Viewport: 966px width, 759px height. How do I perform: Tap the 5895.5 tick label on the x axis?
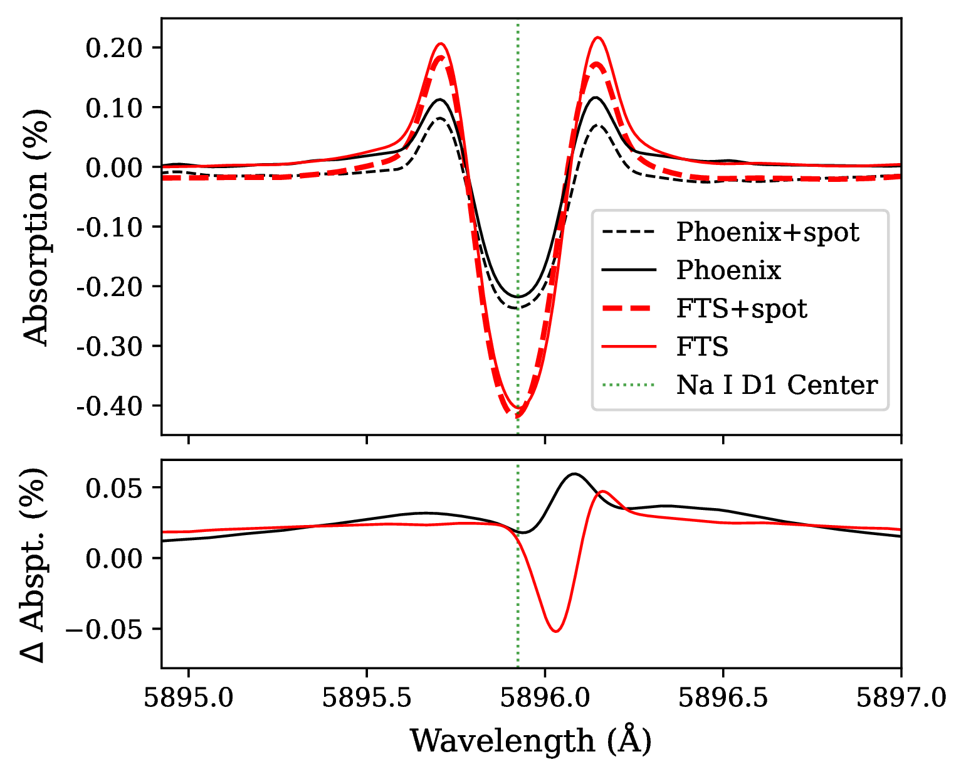click(367, 697)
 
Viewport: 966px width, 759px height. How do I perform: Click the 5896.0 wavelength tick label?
click(545, 697)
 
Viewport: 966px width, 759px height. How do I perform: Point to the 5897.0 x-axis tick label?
click(900, 697)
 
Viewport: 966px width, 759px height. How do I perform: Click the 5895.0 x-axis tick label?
click(189, 697)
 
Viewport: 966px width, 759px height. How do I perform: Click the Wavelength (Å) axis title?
click(531, 741)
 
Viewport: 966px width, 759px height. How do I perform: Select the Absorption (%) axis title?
click(36, 226)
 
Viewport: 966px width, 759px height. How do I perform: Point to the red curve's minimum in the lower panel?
click(556, 631)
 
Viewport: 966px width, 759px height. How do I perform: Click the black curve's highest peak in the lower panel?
click(574, 474)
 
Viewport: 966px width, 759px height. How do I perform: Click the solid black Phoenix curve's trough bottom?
click(518, 297)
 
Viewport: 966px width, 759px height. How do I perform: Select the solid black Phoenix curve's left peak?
click(440, 99)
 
